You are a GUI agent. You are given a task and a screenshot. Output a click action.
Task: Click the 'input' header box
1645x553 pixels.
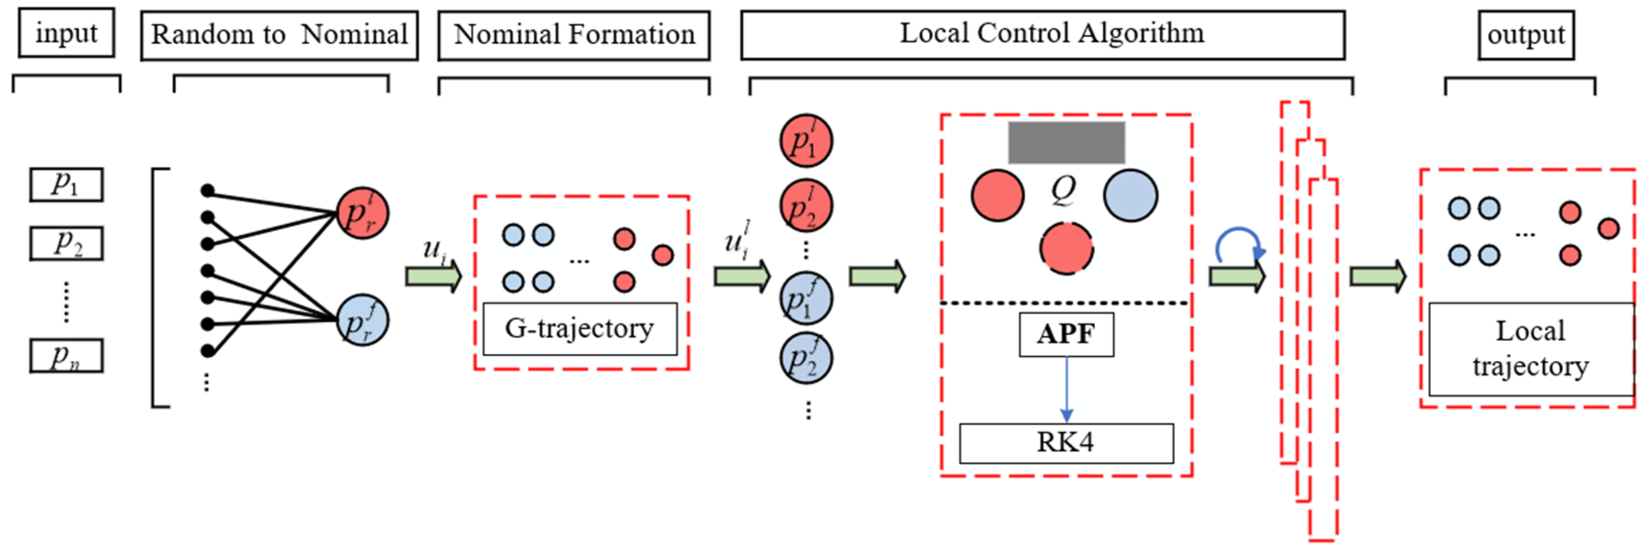click(66, 33)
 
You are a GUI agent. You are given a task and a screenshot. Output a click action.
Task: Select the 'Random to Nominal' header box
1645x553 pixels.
click(279, 35)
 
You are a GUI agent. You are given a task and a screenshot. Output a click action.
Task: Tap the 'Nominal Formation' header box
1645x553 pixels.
click(574, 35)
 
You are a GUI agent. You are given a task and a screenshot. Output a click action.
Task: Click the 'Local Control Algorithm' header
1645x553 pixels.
click(1042, 34)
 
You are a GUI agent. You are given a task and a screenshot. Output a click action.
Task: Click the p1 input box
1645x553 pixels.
click(66, 184)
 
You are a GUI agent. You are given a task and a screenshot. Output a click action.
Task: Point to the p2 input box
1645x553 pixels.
click(66, 243)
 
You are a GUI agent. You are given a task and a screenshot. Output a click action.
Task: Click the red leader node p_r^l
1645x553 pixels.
click(362, 213)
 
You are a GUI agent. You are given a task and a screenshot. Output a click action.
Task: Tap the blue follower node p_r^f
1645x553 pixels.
click(362, 320)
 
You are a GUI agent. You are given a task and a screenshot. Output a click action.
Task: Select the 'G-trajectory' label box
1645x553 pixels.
click(579, 328)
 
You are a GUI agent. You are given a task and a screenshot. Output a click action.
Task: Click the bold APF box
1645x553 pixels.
click(1066, 334)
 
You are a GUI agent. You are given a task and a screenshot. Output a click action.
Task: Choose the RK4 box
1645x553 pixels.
click(1065, 443)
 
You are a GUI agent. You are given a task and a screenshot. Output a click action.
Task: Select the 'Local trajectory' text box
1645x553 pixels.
click(1530, 349)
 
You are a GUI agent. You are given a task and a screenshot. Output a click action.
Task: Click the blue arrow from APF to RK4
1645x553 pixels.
click(1066, 389)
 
